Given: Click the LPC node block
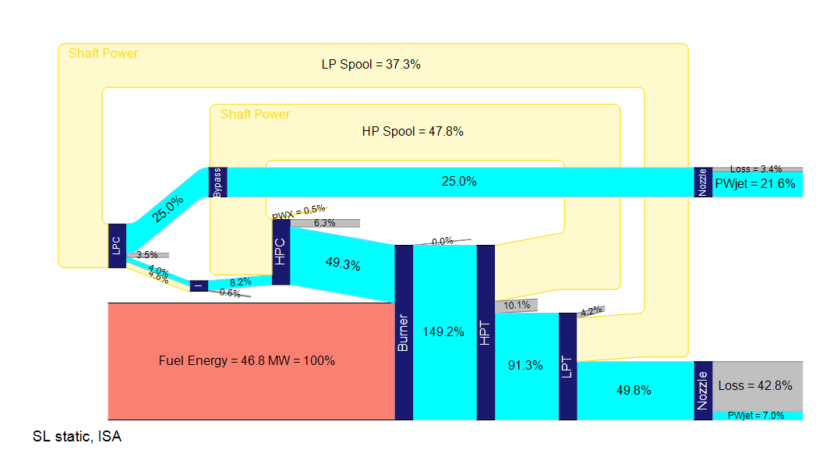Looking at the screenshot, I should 117,246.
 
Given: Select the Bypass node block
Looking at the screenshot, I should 218,182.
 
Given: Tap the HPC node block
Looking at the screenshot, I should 281,251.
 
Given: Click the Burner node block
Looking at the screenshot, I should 404,332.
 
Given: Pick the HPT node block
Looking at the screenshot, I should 486,332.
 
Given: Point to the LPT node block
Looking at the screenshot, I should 567,366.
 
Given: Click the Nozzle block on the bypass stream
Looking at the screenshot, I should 703,182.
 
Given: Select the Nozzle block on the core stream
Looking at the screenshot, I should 703,390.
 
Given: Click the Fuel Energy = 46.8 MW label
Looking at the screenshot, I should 246,361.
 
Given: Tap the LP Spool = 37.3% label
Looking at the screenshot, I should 371,65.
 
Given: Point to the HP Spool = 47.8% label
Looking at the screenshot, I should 413,132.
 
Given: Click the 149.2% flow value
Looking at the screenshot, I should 444,331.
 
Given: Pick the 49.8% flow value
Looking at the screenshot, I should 634,391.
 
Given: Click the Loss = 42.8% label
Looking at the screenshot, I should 755,385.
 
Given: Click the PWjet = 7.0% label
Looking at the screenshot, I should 755,416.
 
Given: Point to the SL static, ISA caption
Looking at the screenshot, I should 77,437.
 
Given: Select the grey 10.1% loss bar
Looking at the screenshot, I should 517,306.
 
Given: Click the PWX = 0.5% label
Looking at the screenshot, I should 298,210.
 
